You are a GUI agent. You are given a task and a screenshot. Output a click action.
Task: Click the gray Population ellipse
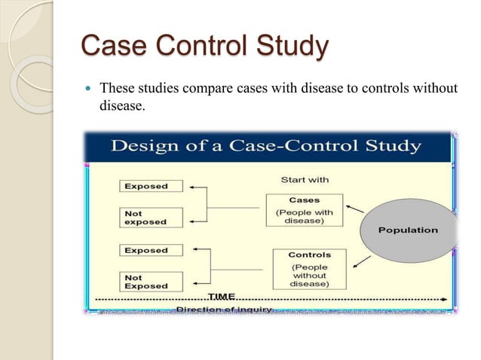coord(408,230)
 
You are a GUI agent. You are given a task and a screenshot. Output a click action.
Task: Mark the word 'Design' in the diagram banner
coord(146,145)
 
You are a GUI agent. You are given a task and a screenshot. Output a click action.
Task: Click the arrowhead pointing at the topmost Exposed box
coord(192,187)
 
